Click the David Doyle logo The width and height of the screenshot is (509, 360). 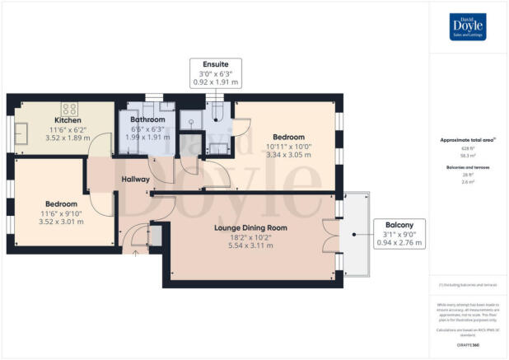pyautogui.click(x=469, y=28)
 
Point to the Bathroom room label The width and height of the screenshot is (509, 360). pyautogui.click(x=147, y=120)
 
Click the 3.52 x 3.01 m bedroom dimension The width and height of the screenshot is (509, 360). pyautogui.click(x=62, y=223)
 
